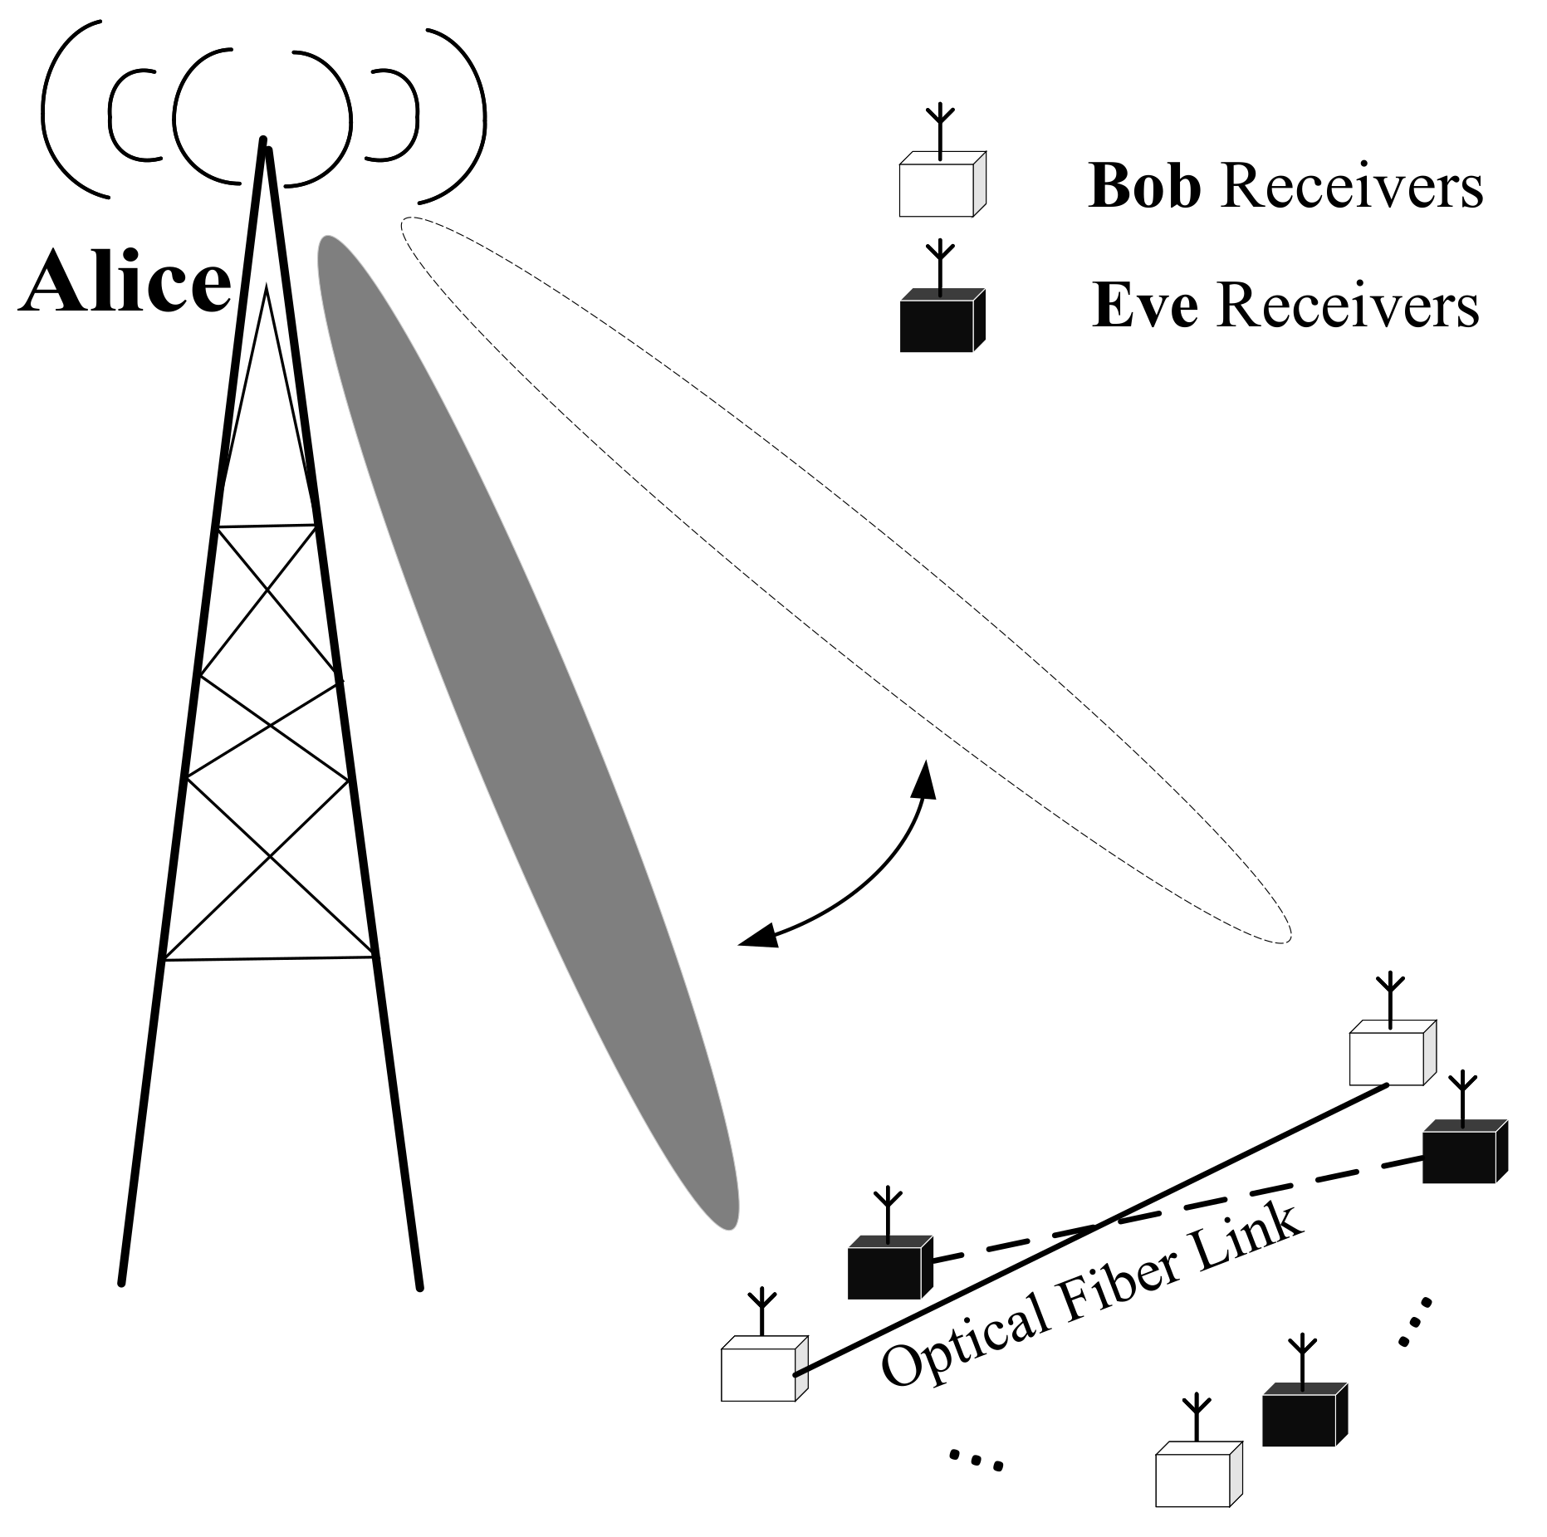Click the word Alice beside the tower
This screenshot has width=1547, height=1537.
click(x=125, y=282)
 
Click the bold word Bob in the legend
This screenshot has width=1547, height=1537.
click(x=1144, y=186)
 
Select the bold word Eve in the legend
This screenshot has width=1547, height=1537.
click(x=1144, y=306)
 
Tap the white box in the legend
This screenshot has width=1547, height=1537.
click(x=936, y=189)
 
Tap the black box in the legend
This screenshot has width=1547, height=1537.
click(x=936, y=325)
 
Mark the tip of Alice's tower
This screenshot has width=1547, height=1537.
click(x=264, y=143)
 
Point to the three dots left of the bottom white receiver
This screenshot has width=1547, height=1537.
click(x=977, y=1459)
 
